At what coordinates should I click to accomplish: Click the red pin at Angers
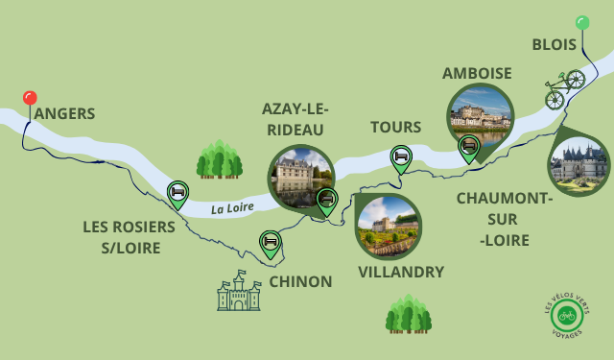30,98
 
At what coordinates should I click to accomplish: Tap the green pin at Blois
581,23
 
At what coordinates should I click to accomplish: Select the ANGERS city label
64,114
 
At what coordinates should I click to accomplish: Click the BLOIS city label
554,45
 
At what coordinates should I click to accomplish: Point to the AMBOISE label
477,74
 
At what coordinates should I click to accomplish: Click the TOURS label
395,128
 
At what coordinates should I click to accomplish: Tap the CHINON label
300,281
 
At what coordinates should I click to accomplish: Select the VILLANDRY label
401,272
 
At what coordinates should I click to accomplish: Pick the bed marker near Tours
400,156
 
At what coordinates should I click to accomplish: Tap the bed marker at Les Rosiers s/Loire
177,192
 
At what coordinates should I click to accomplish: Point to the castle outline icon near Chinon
239,291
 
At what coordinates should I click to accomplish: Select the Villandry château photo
388,227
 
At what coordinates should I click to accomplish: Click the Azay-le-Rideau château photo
299,177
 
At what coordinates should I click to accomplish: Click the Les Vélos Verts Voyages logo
567,315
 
